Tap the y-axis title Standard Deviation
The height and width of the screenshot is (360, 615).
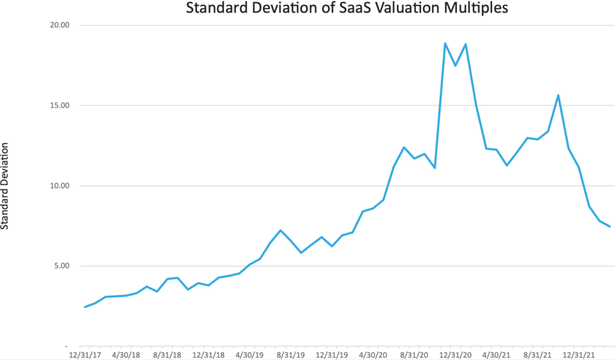5,186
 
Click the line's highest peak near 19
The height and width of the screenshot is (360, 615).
445,43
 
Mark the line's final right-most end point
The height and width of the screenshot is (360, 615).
610,227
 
